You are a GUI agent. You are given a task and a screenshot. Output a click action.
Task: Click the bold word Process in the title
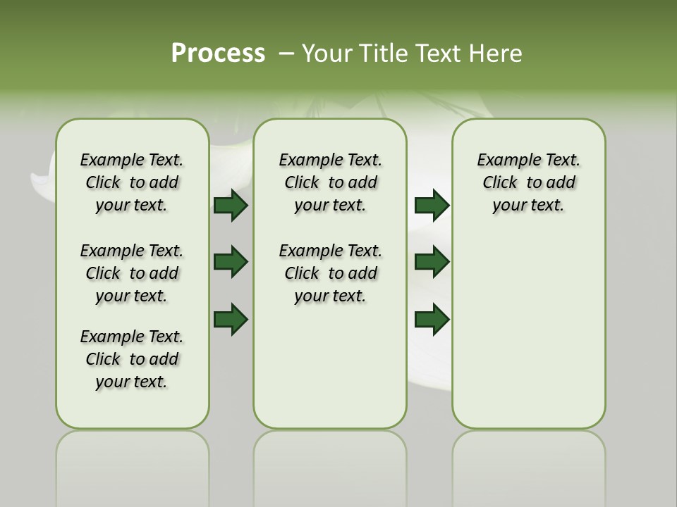click(218, 54)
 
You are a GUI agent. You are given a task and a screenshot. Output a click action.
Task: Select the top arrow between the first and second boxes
click(231, 206)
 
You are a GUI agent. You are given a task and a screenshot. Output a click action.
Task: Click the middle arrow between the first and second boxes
click(231, 262)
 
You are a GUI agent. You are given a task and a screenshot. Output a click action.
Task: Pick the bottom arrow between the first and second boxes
click(231, 320)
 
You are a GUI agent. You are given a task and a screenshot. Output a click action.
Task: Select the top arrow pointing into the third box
click(432, 206)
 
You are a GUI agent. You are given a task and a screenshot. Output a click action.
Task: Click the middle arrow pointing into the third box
click(432, 262)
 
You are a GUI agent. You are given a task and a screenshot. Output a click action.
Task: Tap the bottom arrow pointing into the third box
click(432, 320)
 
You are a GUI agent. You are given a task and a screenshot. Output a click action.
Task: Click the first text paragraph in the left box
click(132, 182)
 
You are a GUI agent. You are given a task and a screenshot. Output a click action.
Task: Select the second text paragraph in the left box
click(132, 273)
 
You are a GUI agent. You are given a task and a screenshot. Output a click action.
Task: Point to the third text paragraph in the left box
click(132, 359)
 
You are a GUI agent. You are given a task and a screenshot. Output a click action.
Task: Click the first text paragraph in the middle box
click(330, 182)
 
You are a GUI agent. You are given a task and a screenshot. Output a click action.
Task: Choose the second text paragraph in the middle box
click(330, 273)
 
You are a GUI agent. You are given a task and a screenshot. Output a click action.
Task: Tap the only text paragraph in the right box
click(528, 182)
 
